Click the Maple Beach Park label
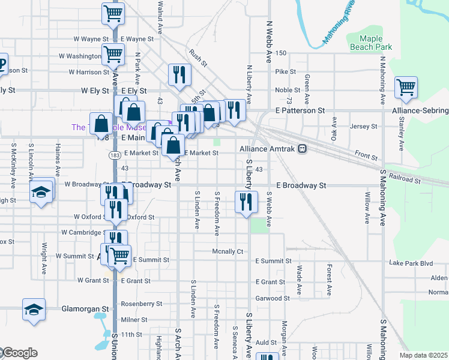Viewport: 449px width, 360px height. pyautogui.click(x=371, y=42)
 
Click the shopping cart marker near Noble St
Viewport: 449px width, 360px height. pyautogui.click(x=406, y=87)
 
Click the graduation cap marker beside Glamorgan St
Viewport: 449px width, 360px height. pyautogui.click(x=34, y=310)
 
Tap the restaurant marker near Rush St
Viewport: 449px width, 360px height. pyautogui.click(x=179, y=74)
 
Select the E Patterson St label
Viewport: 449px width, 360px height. pyautogui.click(x=300, y=111)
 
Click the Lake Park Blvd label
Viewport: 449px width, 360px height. pyautogui.click(x=411, y=263)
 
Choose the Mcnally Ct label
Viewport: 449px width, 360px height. pyautogui.click(x=228, y=251)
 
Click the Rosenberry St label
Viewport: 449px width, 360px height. pyautogui.click(x=142, y=304)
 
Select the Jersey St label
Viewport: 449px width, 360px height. pyautogui.click(x=363, y=127)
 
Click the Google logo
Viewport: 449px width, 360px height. pyautogui.click(x=19, y=353)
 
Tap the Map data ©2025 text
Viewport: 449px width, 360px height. pyautogui.click(x=423, y=355)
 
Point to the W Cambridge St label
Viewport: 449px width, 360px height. pyautogui.click(x=82, y=232)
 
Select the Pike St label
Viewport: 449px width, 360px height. pyautogui.click(x=286, y=72)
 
